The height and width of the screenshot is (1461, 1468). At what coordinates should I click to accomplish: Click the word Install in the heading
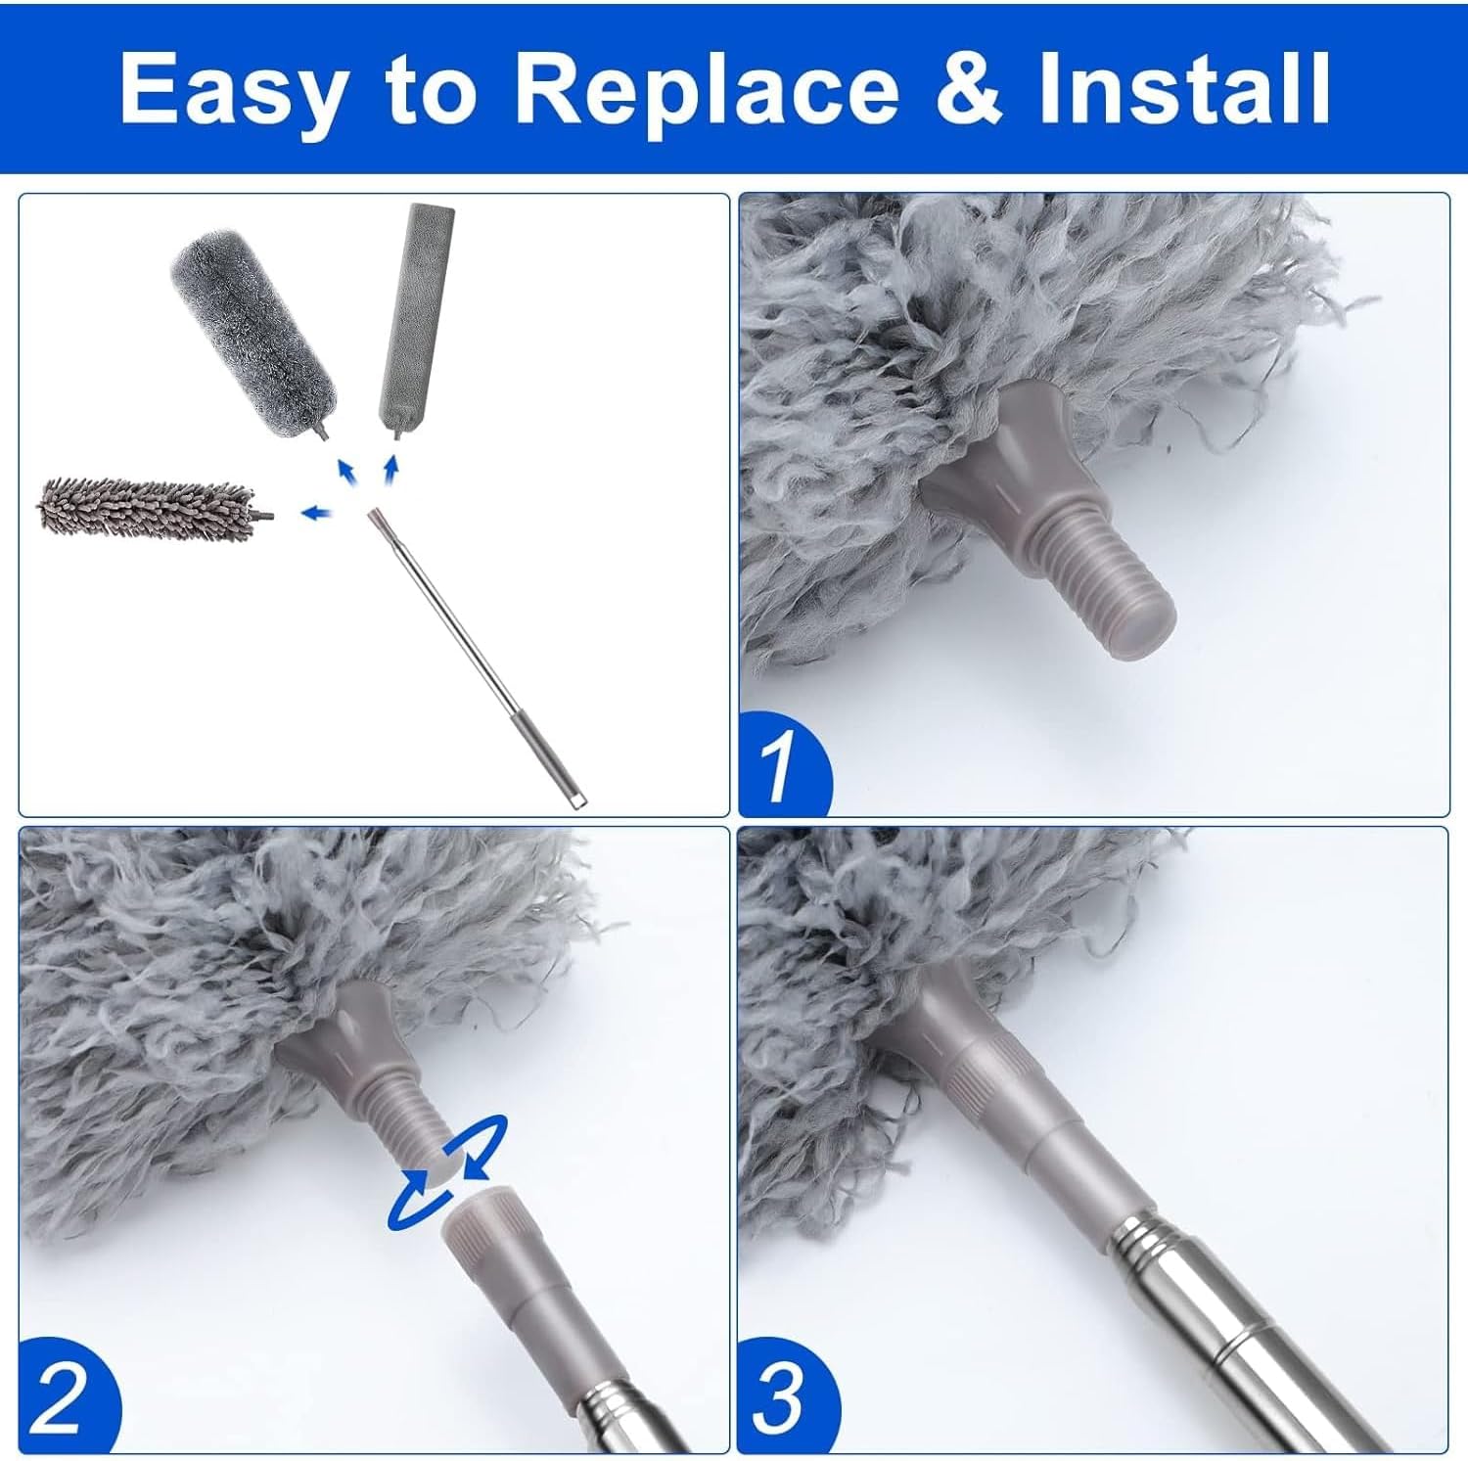(1184, 88)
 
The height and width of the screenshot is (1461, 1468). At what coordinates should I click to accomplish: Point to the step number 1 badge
(780, 767)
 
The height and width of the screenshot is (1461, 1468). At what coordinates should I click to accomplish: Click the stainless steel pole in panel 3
(1223, 1321)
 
